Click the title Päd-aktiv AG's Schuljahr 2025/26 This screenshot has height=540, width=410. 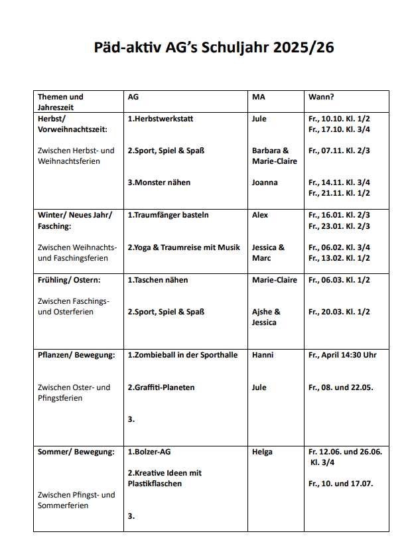tap(204, 48)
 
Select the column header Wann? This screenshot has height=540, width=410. tap(321, 97)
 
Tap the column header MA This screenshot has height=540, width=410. tap(259, 97)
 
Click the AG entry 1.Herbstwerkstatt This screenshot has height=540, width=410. tap(160, 119)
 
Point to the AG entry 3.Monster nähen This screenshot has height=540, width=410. tap(159, 182)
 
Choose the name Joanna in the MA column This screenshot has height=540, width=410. tap(265, 182)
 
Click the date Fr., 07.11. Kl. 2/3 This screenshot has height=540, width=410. tap(339, 151)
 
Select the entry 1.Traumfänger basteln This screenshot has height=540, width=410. tap(168, 215)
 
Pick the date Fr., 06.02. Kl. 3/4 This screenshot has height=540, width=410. tap(339, 247)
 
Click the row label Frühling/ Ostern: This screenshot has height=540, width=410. tap(69, 280)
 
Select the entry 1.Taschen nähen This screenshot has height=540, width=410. tap(157, 280)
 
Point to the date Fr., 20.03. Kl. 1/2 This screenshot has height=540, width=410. tap(339, 312)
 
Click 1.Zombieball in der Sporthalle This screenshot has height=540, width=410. tap(182, 355)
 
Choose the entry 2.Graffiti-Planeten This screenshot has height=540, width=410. tap(161, 387)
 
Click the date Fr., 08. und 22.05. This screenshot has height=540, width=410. tap(340, 387)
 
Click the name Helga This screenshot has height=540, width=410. tap(262, 452)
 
